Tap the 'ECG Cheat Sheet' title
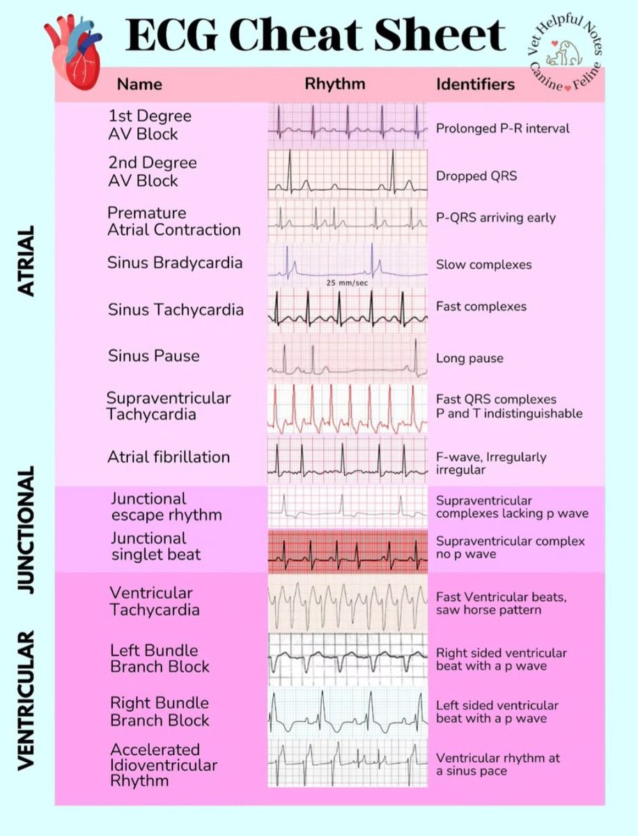click(x=315, y=35)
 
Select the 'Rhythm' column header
click(x=335, y=84)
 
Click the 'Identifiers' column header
click(x=476, y=84)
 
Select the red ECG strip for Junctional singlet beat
click(x=347, y=550)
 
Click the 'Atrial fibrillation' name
click(x=169, y=457)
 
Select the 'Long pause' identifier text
click(x=469, y=359)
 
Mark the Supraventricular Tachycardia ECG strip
click(x=347, y=409)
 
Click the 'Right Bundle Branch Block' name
click(x=160, y=711)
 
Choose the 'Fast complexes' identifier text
click(x=481, y=307)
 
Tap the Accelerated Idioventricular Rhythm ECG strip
click(x=347, y=763)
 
